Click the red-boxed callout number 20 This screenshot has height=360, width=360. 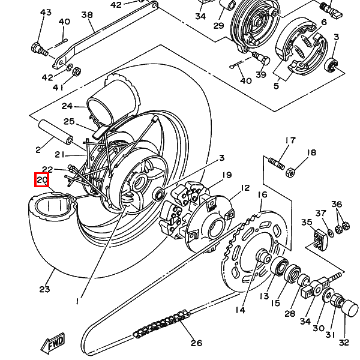pos(41,179)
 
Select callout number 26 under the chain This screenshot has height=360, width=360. pos(196,343)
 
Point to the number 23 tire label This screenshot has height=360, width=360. pos(44,289)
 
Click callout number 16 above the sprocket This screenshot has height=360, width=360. pos(262,195)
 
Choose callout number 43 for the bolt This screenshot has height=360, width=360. pos(46,13)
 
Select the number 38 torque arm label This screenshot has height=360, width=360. pos(86,15)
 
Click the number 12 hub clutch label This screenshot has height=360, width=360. pos(244,188)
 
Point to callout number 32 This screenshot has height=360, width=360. pos(343,343)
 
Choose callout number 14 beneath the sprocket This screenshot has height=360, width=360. pos(240,310)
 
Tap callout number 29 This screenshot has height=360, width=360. pos(218,26)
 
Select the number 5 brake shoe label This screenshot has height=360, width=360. pos(276,86)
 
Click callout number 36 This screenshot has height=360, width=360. pos(337,205)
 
